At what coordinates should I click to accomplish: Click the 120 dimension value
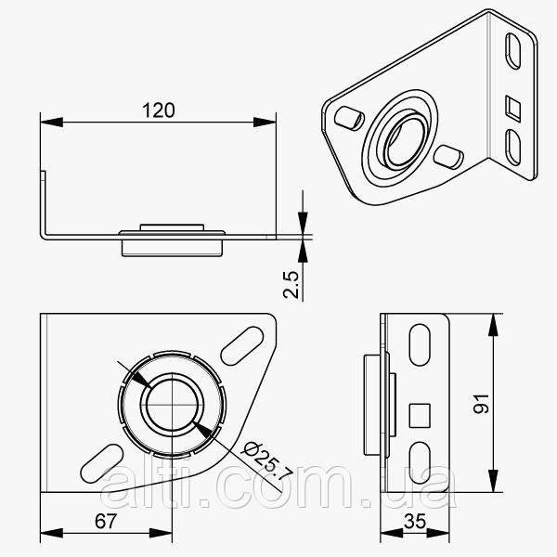[x=159, y=110]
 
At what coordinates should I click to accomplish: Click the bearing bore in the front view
[x=172, y=405]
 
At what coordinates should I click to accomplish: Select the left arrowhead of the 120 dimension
[x=48, y=122]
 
